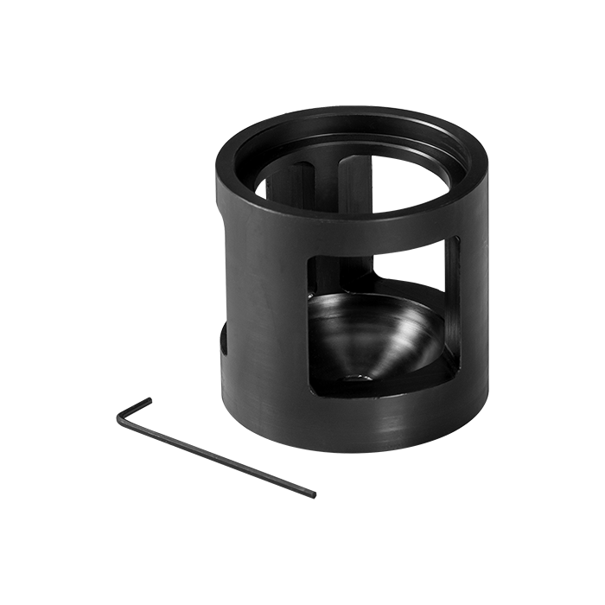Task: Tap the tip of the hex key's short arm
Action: click(x=149, y=398)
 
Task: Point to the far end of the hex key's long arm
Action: click(x=314, y=495)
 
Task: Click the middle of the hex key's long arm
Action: click(x=216, y=458)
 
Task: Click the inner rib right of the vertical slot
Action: click(x=366, y=186)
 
